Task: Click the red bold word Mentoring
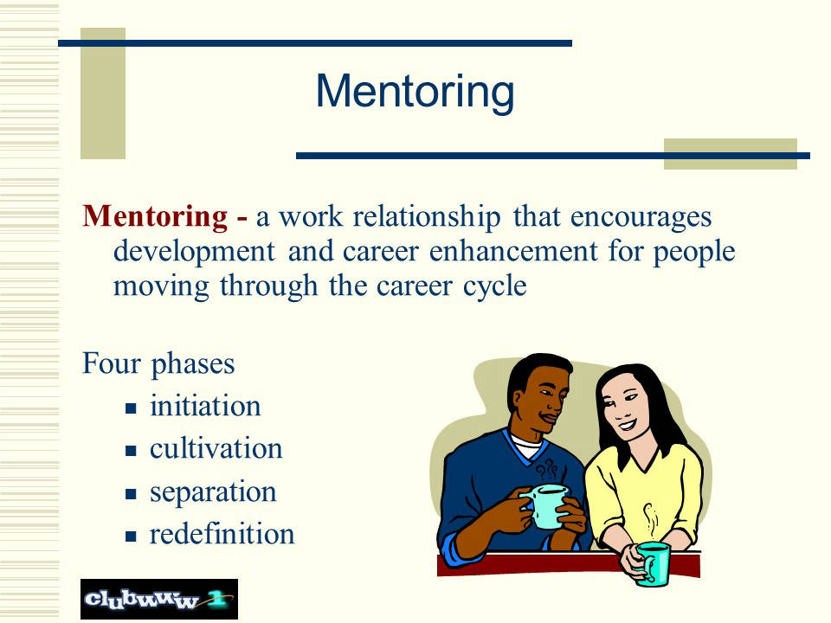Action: [155, 216]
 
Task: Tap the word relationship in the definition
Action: [427, 216]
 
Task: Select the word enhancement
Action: [513, 251]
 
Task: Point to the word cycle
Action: [494, 286]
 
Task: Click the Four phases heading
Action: [158, 364]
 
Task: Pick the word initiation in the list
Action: [205, 407]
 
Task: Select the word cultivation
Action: [216, 449]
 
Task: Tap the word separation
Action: [213, 492]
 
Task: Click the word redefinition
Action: [222, 534]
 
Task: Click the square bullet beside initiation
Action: [131, 408]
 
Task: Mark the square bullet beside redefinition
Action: [131, 536]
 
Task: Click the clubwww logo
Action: [159, 599]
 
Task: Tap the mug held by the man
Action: [546, 505]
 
